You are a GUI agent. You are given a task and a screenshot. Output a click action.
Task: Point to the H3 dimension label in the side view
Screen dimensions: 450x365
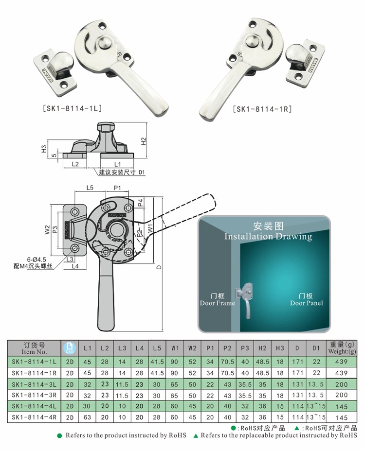tap(44, 148)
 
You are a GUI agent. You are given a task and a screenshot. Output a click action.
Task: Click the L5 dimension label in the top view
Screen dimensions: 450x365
tap(90, 188)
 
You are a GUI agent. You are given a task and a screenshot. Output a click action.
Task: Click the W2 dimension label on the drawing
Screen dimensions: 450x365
tap(47, 228)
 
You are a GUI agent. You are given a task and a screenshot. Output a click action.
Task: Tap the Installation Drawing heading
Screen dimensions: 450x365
tap(268, 236)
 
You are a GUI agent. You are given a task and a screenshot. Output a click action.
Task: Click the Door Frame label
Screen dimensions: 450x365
tap(217, 299)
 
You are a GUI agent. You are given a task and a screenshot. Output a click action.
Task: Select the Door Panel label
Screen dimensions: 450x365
tap(307, 299)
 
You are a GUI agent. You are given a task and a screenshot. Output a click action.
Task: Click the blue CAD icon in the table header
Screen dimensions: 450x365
tap(70, 348)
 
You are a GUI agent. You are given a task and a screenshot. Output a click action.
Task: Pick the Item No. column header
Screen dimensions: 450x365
tap(34, 348)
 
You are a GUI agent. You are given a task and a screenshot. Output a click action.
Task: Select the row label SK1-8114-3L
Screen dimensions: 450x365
tap(34, 384)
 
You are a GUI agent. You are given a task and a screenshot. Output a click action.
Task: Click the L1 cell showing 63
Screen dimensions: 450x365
tap(88, 417)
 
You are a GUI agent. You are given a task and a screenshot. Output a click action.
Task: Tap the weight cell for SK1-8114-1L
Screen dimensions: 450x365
tap(341, 362)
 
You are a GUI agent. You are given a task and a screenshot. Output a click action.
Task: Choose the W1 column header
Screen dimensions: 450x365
tap(175, 348)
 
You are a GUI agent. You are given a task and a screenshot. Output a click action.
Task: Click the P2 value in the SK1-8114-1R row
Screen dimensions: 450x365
tap(227, 373)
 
